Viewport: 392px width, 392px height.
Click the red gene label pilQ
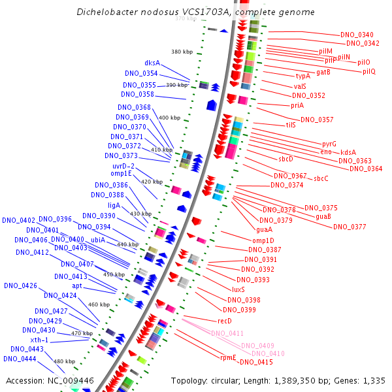coord(369,71)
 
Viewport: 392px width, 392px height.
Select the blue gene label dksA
coord(152,63)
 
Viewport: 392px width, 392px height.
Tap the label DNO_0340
coord(357,35)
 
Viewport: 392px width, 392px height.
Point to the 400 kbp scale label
coord(169,118)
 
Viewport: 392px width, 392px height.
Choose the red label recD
coord(225,321)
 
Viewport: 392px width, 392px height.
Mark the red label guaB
coord(323,216)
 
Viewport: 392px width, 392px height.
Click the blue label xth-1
coord(41,340)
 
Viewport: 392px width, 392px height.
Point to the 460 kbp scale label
coord(99,304)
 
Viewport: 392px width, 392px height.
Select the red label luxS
coord(238,289)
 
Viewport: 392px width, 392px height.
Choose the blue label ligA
coord(114,205)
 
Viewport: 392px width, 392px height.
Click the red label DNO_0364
coord(366,169)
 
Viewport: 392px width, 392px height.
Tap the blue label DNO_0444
coord(19,358)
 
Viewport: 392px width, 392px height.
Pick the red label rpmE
coord(227,357)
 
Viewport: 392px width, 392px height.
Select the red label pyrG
coord(329,144)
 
